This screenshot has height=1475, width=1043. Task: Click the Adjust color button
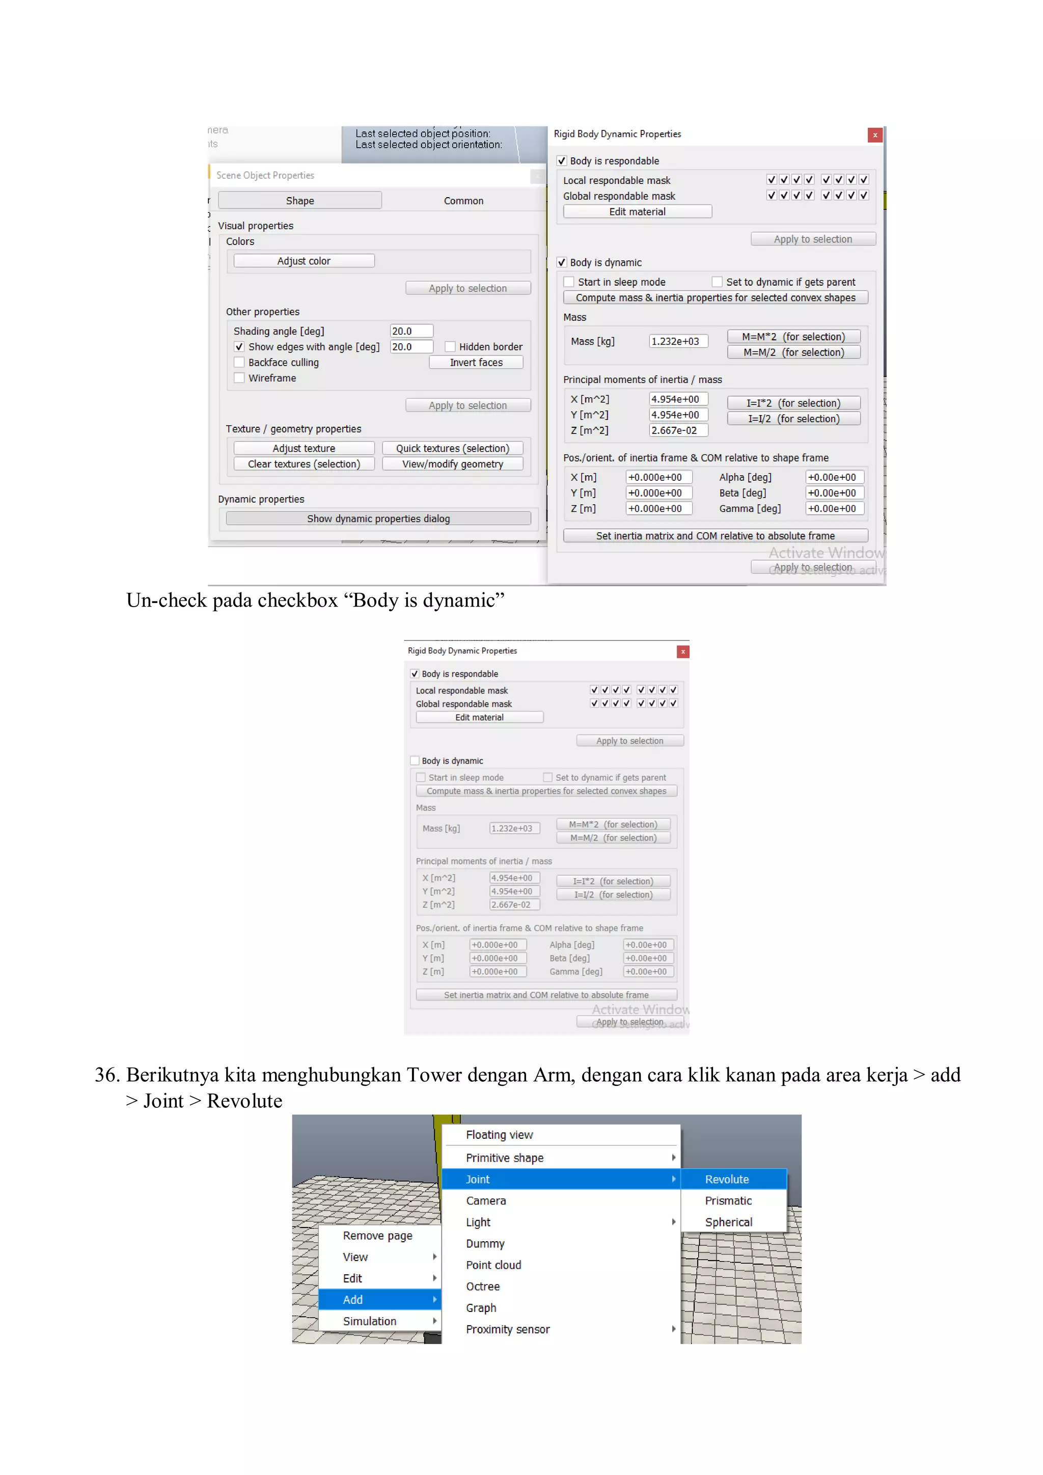[x=304, y=261]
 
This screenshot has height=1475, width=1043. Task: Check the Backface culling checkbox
[x=239, y=362]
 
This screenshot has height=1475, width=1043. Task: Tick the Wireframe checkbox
[x=239, y=378]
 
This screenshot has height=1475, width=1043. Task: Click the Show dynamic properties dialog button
[x=378, y=518]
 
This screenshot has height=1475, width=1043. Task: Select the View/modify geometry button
[x=452, y=464]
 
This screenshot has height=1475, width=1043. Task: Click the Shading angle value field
[x=411, y=331]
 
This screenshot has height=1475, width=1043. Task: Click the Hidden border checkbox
[x=450, y=347]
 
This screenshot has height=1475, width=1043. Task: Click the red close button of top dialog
[x=875, y=135]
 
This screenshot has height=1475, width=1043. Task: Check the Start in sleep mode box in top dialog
[x=569, y=282]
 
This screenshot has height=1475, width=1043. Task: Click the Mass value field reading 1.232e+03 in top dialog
[x=677, y=341]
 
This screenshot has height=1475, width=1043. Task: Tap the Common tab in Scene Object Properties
[x=463, y=201]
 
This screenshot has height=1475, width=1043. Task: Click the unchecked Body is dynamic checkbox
[x=415, y=760]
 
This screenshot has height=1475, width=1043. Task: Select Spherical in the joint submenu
[x=728, y=1222]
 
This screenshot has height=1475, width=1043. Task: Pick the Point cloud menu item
[x=493, y=1265]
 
